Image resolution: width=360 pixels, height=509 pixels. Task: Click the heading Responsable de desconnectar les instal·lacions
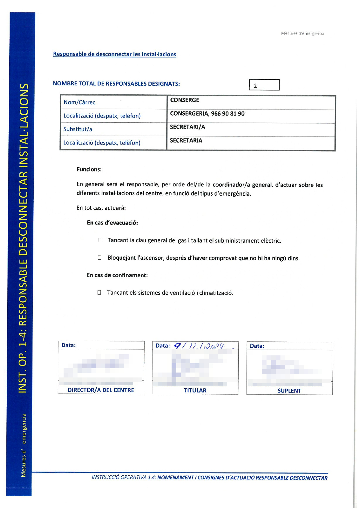[115, 54]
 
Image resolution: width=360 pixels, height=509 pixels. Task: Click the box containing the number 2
[264, 85]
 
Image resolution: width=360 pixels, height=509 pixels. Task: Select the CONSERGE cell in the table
[185, 100]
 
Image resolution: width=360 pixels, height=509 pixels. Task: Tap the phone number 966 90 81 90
[228, 114]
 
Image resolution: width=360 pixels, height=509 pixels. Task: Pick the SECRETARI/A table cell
[188, 127]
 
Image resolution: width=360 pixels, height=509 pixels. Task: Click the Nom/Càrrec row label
[80, 102]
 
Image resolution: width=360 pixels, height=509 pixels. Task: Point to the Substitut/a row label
[78, 129]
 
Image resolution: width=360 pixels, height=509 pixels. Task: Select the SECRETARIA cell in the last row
[186, 141]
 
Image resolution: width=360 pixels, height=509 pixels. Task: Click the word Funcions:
[89, 170]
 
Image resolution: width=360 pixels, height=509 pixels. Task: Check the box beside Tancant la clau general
[100, 240]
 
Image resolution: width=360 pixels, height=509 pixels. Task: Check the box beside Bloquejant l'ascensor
[100, 258]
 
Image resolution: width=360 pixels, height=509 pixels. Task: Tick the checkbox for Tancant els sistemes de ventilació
[99, 292]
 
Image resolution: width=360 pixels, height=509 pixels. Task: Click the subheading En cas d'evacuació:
[112, 223]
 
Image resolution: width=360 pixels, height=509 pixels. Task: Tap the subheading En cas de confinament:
[117, 275]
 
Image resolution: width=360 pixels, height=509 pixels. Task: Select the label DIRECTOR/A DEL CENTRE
[101, 390]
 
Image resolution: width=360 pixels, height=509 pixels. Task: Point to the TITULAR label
[195, 391]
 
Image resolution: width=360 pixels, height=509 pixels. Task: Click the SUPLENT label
[289, 391]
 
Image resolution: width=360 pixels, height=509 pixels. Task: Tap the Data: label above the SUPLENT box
[257, 346]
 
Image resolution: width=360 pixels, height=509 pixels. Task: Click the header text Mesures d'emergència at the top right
[303, 33]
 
